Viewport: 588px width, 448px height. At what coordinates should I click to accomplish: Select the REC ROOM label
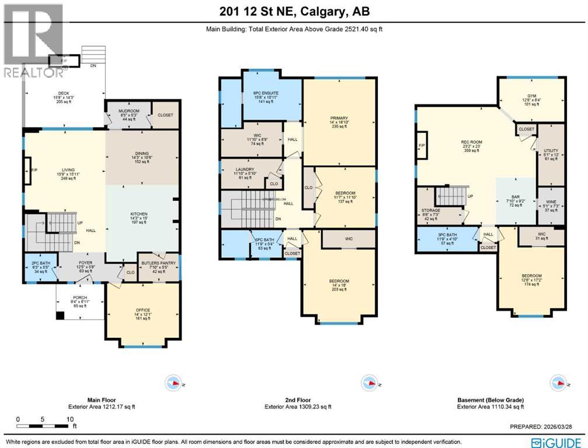tap(475, 140)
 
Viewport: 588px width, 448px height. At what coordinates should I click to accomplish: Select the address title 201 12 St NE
tap(294, 10)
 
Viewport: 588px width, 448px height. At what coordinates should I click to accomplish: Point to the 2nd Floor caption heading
tap(298, 400)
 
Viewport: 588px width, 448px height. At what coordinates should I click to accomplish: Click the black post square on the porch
tap(60, 316)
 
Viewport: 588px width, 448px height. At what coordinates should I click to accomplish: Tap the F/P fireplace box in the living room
tap(27, 173)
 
